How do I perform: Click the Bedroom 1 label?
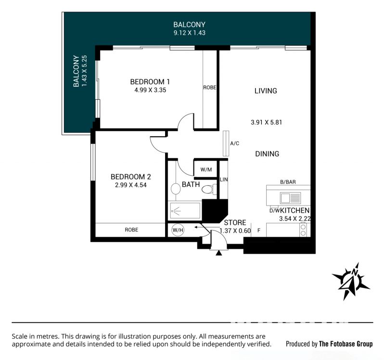tap(150, 81)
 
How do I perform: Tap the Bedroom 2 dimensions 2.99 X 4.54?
tap(130, 185)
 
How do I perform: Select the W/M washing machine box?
tap(206, 169)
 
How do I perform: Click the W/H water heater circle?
tap(178, 230)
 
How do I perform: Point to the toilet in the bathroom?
tap(209, 189)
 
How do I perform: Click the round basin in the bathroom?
tap(176, 189)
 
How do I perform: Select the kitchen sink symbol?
tap(290, 198)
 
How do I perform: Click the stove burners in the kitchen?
tap(303, 230)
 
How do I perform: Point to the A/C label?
tap(234, 143)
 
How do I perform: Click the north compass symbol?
tap(351, 281)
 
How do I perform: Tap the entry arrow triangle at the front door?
tap(219, 253)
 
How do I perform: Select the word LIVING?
tap(266, 91)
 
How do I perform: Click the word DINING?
tap(267, 154)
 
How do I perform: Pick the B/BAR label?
tap(288, 182)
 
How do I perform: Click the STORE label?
tap(235, 222)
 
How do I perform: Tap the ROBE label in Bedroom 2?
tap(131, 230)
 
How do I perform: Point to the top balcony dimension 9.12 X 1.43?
tap(189, 33)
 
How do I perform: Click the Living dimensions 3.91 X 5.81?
tap(266, 122)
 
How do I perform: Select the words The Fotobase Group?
tap(346, 344)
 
